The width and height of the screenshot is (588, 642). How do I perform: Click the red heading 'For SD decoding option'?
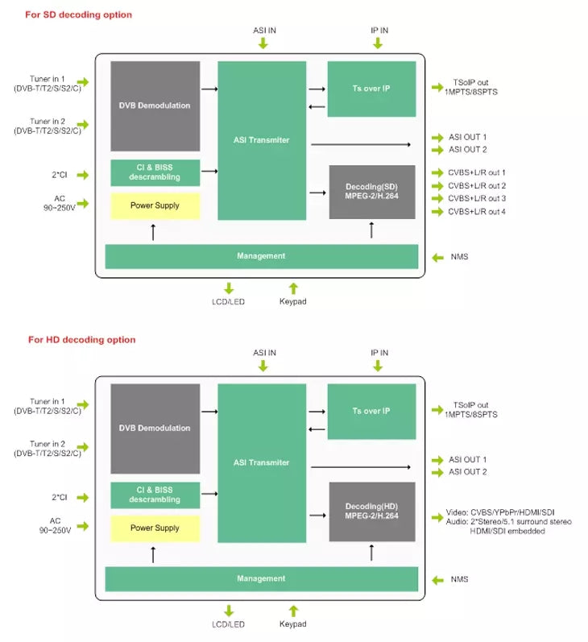coord(79,14)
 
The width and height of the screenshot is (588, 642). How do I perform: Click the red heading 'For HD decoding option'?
coord(82,340)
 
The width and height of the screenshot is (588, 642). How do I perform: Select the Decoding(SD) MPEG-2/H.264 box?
coord(372,192)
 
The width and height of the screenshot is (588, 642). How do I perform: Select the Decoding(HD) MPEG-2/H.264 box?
coord(372,512)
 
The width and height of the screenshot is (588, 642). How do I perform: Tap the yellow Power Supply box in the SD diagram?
coord(155,205)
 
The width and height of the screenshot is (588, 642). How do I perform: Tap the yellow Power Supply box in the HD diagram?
coord(155,528)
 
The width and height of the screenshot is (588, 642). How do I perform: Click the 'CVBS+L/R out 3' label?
coord(477,199)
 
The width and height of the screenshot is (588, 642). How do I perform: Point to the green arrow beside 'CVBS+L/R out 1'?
coord(437,172)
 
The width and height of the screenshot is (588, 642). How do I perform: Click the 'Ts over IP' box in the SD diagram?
coord(371,89)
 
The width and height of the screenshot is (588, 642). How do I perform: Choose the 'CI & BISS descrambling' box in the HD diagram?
coord(155,495)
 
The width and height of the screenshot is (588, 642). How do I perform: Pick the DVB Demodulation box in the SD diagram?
coord(155,106)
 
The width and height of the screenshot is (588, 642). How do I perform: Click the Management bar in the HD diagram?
coord(261,579)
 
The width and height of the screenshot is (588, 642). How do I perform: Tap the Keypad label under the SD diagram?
coord(292,301)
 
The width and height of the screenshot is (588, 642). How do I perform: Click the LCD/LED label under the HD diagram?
coord(228,624)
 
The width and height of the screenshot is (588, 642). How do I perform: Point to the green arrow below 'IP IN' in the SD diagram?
coord(378,43)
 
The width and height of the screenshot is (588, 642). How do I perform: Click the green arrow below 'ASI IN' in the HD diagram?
coord(263,366)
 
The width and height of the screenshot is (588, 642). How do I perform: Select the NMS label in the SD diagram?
coord(459,257)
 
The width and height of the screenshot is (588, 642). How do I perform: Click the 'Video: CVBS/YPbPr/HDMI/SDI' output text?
coord(500,512)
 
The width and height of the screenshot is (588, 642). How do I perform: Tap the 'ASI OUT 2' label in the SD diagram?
coord(468,150)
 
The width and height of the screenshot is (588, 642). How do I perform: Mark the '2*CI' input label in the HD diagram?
coord(60,498)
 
